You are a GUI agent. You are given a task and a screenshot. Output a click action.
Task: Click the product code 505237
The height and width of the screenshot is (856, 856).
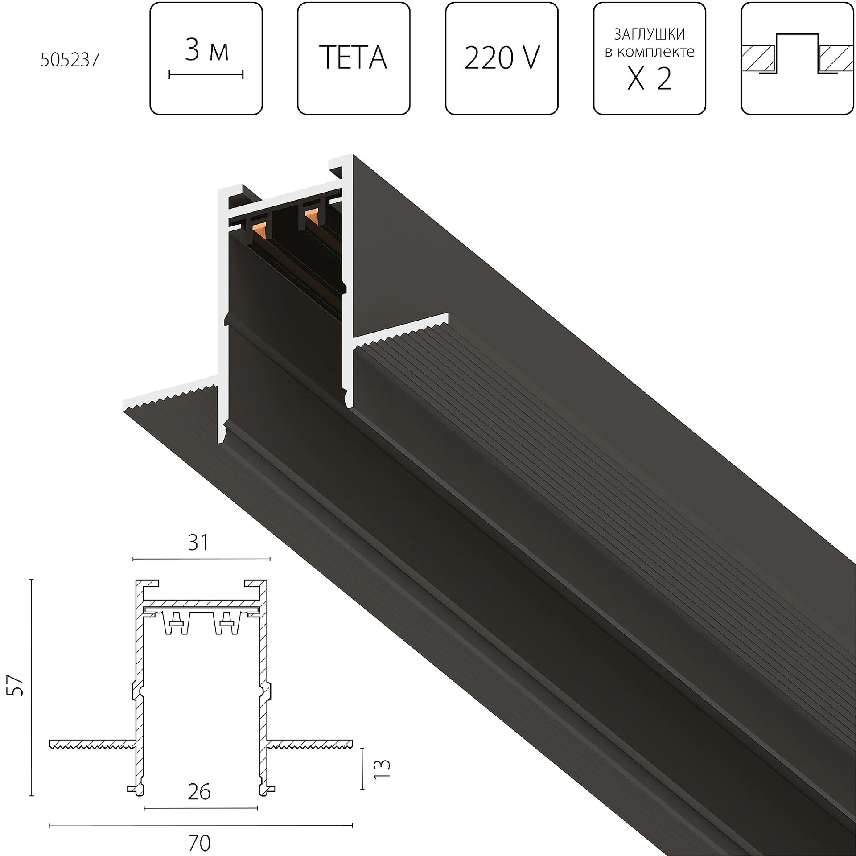[70, 60]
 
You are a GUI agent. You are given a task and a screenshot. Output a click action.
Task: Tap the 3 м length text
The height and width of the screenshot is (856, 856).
[206, 50]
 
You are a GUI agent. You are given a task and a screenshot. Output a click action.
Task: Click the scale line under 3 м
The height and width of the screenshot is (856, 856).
[206, 75]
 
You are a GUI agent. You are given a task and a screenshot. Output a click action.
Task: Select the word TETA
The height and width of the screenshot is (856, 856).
[353, 58]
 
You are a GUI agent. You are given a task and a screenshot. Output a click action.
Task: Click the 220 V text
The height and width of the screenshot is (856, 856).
[502, 58]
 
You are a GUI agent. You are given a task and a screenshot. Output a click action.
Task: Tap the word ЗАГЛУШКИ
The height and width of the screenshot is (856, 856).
[649, 34]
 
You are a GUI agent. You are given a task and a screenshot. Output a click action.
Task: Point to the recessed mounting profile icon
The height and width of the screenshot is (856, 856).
[797, 58]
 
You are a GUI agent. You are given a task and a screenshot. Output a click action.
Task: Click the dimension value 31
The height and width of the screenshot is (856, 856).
[198, 543]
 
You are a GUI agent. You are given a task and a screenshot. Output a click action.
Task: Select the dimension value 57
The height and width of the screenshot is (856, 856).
[17, 686]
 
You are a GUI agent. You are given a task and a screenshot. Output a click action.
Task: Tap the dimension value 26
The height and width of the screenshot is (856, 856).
[199, 792]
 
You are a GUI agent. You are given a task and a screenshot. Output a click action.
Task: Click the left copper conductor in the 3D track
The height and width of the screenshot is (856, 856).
[259, 232]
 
